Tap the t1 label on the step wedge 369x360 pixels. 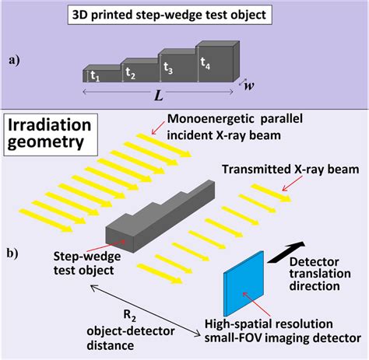coord(94,76)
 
